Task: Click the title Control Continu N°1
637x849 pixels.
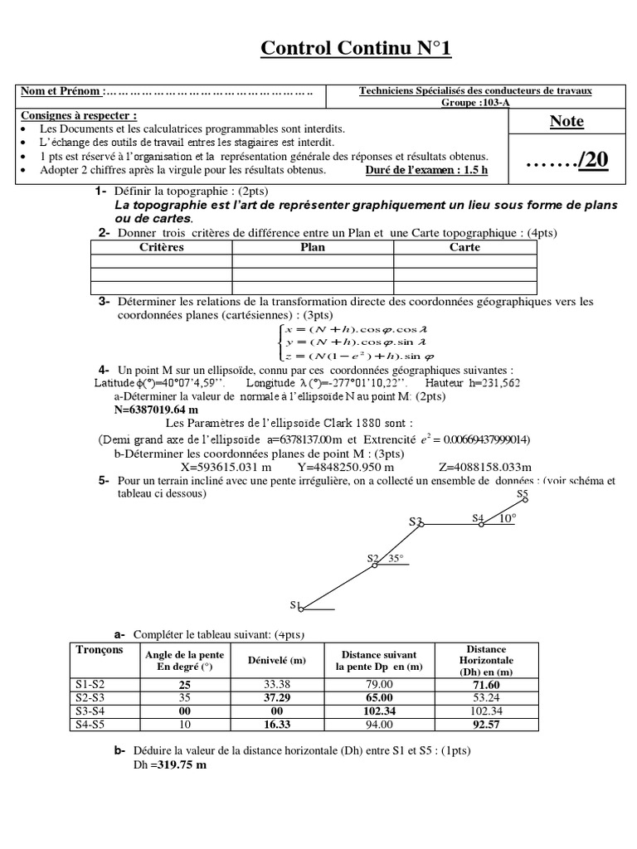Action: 356,49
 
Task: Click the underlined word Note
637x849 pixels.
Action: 566,121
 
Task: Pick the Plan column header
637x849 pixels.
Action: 312,247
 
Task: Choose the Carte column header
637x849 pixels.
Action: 464,247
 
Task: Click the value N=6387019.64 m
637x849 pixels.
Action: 156,410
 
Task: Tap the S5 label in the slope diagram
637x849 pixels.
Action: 522,494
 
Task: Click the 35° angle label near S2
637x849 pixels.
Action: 395,559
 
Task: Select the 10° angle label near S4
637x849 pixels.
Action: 507,518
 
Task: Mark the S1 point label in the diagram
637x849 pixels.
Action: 294,604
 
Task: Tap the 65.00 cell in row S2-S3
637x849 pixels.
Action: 376,698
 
